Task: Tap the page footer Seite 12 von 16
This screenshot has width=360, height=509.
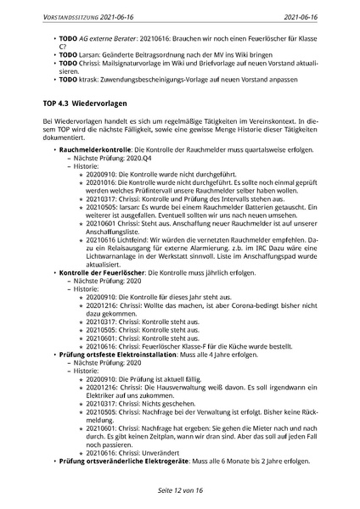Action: click(180, 490)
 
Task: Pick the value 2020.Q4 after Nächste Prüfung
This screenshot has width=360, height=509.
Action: click(138, 157)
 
